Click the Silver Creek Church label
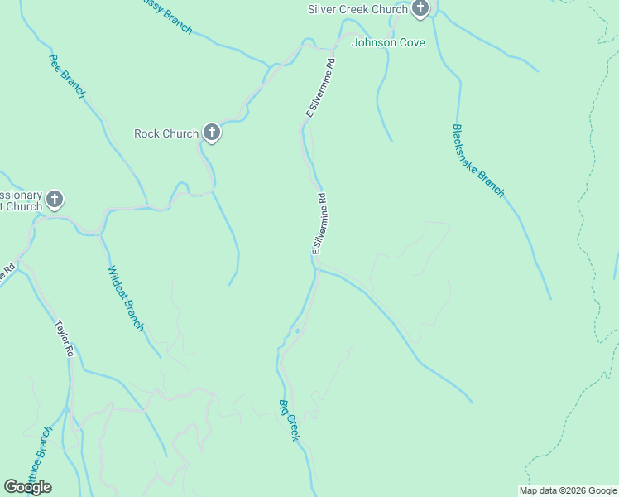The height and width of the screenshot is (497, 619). click(357, 9)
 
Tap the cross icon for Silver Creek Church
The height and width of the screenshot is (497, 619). click(420, 9)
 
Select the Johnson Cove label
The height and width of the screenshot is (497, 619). click(388, 42)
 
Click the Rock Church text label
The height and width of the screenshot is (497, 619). click(166, 133)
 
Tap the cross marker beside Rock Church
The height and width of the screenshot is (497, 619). click(212, 133)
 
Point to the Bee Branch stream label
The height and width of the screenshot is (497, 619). click(67, 76)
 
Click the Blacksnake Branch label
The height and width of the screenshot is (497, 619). click(478, 161)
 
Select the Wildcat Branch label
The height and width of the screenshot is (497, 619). click(126, 298)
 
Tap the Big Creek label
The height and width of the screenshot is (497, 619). click(288, 420)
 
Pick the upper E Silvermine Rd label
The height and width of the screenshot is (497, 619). click(319, 87)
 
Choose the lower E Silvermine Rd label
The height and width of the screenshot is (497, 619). click(319, 224)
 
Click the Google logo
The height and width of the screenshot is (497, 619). click(27, 487)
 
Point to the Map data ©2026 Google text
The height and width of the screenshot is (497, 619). click(569, 490)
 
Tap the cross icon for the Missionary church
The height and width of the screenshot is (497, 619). click(55, 200)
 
